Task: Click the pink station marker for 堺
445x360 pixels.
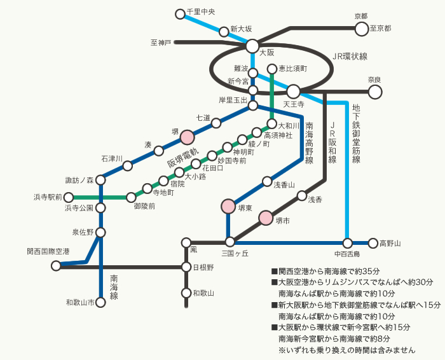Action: click(x=188, y=137)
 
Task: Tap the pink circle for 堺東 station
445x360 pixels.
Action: click(x=228, y=206)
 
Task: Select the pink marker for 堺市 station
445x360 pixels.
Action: click(x=266, y=218)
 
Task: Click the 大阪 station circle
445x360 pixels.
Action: click(x=252, y=46)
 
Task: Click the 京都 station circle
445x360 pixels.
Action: click(x=362, y=28)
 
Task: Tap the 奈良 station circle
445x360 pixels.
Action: click(x=375, y=92)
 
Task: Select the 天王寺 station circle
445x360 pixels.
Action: click(x=294, y=92)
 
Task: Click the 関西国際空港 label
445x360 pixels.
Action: click(x=48, y=252)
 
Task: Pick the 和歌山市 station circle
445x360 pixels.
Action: click(x=100, y=303)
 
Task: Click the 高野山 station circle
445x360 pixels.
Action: click(x=373, y=242)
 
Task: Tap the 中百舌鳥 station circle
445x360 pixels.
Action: click(x=348, y=242)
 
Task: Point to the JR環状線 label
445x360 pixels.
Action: click(x=350, y=56)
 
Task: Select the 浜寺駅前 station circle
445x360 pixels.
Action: click(x=69, y=197)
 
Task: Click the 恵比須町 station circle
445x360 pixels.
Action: click(x=272, y=69)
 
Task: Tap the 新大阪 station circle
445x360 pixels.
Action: click(x=224, y=31)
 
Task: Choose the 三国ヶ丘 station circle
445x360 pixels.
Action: click(x=230, y=242)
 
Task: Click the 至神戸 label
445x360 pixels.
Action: click(x=161, y=43)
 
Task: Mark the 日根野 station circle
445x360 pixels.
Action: click(x=186, y=267)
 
